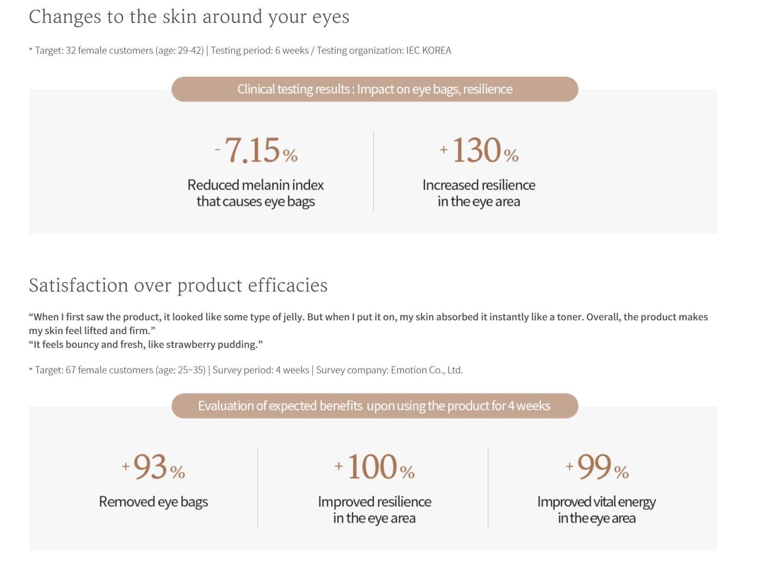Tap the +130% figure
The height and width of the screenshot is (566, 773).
pos(479,150)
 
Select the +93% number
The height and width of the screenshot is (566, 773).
pos(154,467)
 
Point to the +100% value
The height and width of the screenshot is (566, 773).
pos(375,467)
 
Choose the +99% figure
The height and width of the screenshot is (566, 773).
pos(597,467)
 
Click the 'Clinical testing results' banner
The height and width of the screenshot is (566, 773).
pos(375,89)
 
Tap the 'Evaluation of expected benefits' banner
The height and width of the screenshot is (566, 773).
pos(375,406)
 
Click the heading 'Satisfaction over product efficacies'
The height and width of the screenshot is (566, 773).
pos(178,286)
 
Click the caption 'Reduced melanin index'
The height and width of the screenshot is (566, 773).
pos(256,185)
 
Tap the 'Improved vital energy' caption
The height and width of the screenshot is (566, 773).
pos(597,502)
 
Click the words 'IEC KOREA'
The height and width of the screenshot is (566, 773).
pos(429,50)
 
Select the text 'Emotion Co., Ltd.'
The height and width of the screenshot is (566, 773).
pos(427,370)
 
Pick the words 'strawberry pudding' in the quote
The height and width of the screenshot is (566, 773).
pos(212,344)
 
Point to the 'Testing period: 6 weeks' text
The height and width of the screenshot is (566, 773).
pos(260,50)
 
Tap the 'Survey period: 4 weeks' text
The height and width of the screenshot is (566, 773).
pos(261,370)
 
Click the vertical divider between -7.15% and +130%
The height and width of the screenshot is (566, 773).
pos(373,171)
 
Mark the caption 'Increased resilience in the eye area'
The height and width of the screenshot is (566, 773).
pos(479,193)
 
